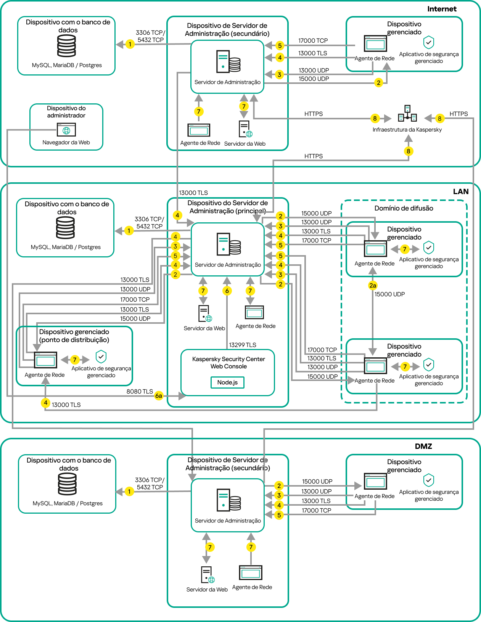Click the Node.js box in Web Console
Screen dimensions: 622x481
227,383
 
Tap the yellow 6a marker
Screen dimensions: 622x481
159,396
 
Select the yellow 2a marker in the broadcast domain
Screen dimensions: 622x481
373,285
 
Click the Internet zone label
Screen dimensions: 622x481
442,9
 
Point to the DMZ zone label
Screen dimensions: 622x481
423,446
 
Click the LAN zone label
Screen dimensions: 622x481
460,191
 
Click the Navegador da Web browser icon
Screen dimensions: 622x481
66,130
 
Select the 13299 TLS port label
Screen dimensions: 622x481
242,345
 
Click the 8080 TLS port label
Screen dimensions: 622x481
140,391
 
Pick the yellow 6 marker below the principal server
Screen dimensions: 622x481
227,291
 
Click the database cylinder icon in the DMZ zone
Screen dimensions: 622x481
68,484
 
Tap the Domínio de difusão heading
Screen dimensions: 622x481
404,208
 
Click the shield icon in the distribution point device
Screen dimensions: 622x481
101,357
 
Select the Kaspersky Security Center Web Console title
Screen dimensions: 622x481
228,363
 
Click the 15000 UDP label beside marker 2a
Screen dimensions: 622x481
389,294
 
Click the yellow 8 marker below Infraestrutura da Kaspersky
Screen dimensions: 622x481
409,151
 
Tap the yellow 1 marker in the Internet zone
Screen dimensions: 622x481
130,44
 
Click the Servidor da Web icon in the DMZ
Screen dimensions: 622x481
208,575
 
